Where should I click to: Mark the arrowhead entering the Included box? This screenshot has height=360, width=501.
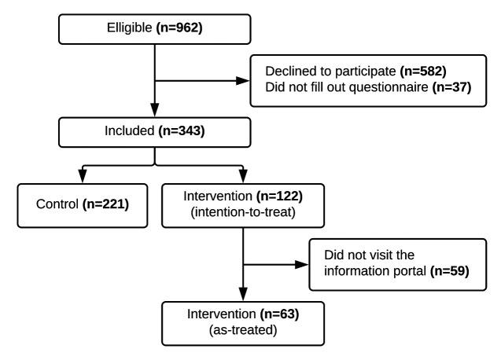[x=155, y=112]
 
